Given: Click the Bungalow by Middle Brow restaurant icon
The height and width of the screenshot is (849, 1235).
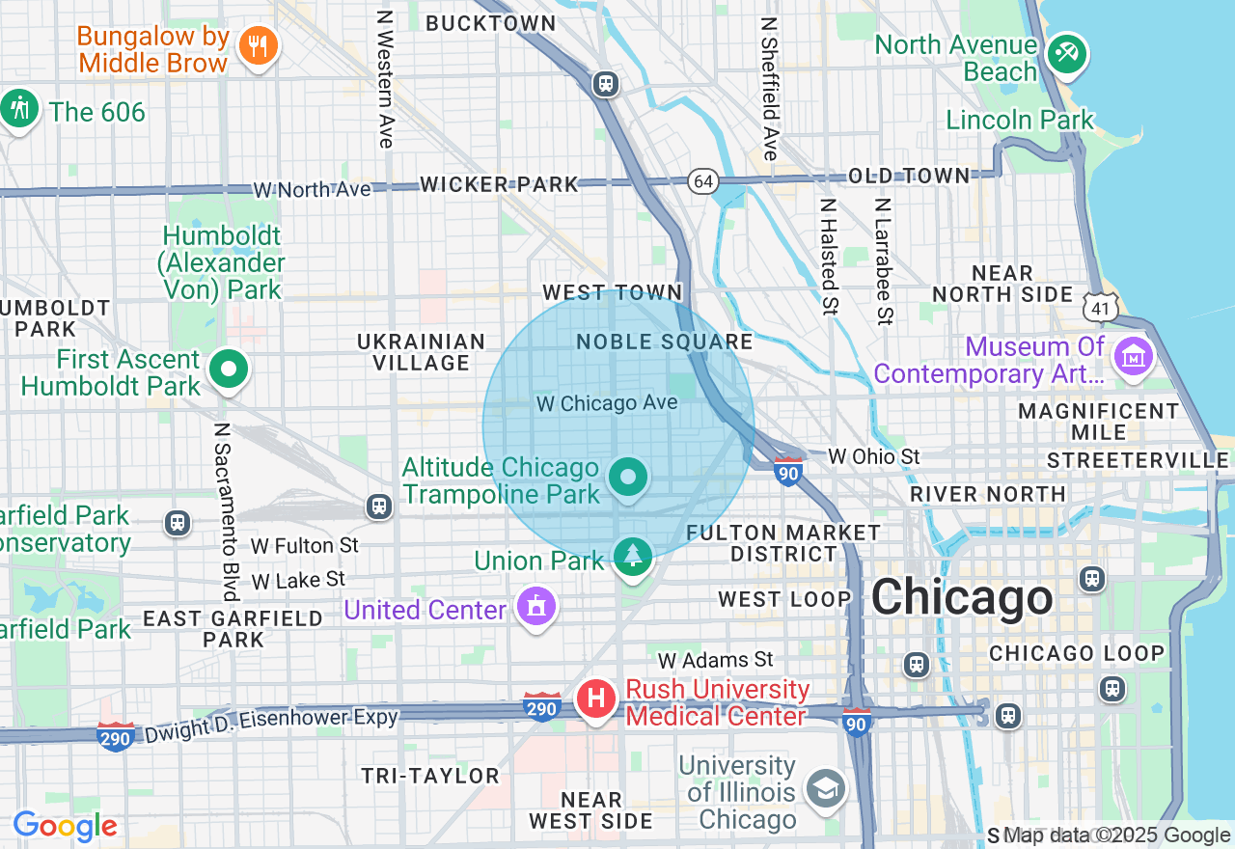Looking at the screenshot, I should point(258,45).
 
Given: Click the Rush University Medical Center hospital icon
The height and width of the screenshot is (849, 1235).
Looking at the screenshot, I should point(595,698).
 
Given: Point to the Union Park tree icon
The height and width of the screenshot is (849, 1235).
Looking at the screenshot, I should point(633,557).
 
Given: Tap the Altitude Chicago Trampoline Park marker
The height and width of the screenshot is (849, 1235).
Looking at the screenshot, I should point(628,478).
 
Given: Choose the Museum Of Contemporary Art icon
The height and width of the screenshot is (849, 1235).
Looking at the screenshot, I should point(1134,357).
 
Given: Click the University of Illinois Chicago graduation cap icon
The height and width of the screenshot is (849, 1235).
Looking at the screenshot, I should point(827,788).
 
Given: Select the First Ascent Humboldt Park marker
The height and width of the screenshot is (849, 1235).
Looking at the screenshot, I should point(229,370).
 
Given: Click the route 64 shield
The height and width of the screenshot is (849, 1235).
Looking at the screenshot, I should point(703,180).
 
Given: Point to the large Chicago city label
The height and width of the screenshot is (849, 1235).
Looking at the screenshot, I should point(962,597).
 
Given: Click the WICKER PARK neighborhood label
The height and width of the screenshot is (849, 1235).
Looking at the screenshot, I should point(499,184).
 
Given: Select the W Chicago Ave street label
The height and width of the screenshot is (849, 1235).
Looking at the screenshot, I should point(607,403).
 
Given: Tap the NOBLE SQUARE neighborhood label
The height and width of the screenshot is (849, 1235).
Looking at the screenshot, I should point(665,342).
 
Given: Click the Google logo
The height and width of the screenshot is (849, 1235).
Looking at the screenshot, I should point(65,827).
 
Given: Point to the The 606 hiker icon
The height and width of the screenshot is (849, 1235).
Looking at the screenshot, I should point(19,109).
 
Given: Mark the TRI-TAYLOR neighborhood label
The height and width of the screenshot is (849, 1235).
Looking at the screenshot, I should point(430,776).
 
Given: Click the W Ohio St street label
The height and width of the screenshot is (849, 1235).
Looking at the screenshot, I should point(874,456).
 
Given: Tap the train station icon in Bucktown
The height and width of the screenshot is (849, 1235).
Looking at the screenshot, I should point(606,84).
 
